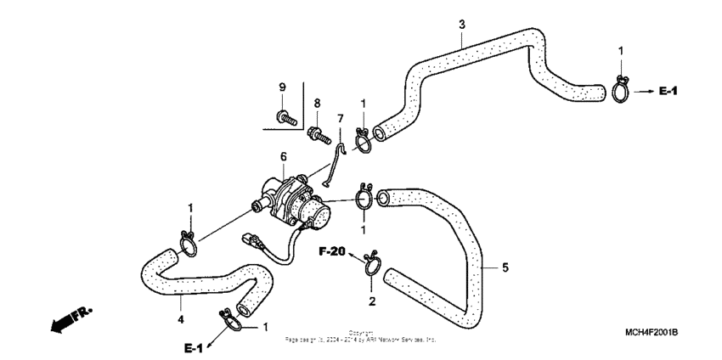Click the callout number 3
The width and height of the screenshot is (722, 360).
point(461,24)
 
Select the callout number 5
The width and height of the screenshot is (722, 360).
point(505,268)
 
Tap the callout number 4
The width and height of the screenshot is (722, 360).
point(179,319)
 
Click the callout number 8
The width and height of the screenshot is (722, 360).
point(317,103)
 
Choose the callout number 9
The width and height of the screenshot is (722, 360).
point(282,87)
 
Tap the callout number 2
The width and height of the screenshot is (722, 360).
point(371,301)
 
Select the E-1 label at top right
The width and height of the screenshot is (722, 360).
point(667,90)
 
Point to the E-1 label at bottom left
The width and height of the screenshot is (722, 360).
point(193,349)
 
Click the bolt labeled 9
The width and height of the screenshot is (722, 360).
point(285,117)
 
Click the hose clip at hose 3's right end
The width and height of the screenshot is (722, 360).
point(620,88)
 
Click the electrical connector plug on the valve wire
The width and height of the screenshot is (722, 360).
point(250,239)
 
